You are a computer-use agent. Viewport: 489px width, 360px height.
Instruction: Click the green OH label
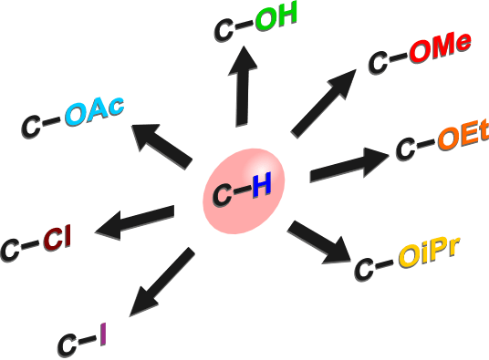click(276, 17)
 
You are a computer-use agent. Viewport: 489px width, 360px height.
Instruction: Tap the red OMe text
click(440, 48)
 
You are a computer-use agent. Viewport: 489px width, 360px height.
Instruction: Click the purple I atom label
click(103, 334)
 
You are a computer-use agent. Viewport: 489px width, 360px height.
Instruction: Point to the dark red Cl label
click(57, 237)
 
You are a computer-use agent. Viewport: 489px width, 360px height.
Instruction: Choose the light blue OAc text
click(95, 111)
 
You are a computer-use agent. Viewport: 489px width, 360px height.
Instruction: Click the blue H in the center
click(261, 186)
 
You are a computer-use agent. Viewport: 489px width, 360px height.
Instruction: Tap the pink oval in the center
click(244, 191)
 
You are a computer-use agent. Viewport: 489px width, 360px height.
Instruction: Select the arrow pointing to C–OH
click(243, 87)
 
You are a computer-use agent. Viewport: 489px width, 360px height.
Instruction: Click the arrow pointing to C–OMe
click(323, 103)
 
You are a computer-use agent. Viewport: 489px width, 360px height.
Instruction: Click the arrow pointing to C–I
click(161, 282)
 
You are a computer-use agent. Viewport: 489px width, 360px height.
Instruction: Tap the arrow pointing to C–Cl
click(134, 222)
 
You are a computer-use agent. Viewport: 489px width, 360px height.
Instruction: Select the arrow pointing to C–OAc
click(161, 147)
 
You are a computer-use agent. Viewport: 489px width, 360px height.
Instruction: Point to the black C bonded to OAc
click(31, 127)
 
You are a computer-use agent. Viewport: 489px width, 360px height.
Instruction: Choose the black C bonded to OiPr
click(364, 270)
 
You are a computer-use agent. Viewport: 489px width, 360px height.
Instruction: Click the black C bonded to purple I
click(68, 345)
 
